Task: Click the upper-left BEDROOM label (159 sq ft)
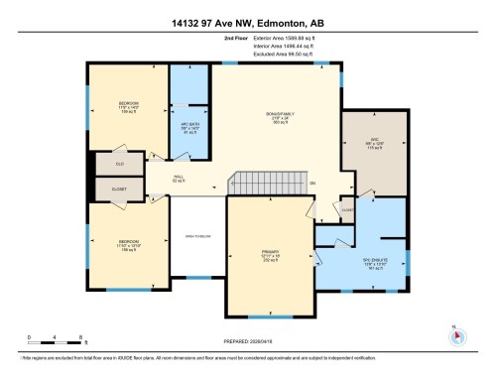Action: click(129, 106)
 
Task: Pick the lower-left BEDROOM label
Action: click(129, 243)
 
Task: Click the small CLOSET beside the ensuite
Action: click(346, 209)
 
